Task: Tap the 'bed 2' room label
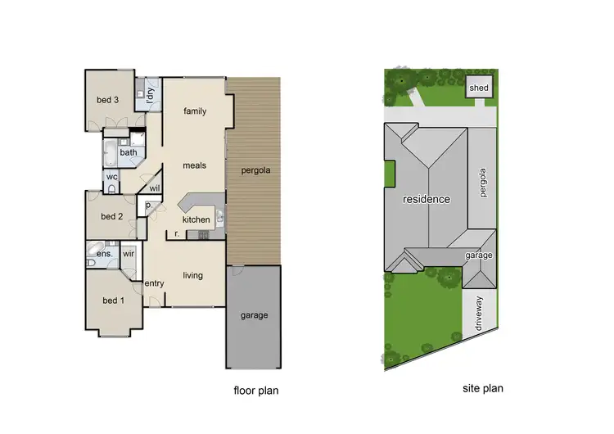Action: (x=111, y=216)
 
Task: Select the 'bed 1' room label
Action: (x=111, y=300)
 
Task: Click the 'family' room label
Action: (x=195, y=111)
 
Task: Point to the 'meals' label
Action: (x=194, y=165)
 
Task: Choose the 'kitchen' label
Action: (x=196, y=219)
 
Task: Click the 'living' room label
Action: (x=192, y=275)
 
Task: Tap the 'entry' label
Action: (x=155, y=283)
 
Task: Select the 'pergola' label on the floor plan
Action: (x=255, y=171)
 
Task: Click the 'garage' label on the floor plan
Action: (x=254, y=315)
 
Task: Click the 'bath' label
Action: (x=129, y=152)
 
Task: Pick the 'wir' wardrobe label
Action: (x=129, y=255)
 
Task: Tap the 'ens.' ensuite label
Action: (x=104, y=255)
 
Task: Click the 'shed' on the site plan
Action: (x=479, y=88)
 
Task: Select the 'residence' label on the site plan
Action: (x=426, y=199)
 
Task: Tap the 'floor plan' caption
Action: (x=256, y=391)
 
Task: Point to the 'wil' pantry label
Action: (x=154, y=188)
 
